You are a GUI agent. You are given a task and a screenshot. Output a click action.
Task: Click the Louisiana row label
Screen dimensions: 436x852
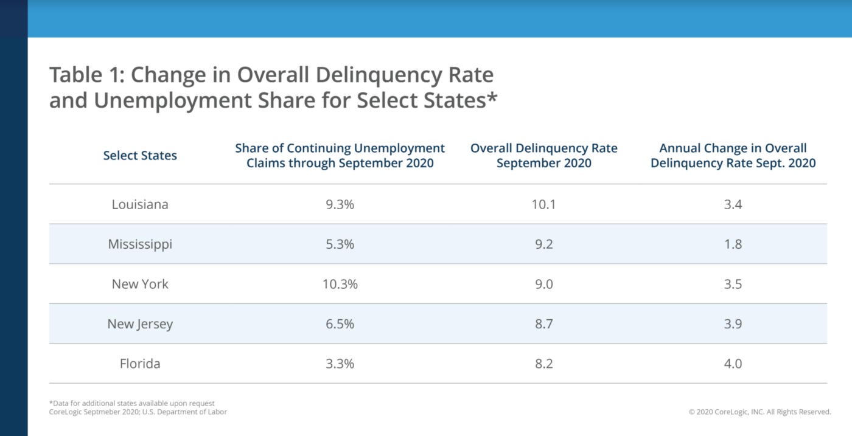tap(140, 204)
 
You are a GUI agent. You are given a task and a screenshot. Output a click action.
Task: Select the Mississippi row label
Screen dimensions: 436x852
tap(140, 244)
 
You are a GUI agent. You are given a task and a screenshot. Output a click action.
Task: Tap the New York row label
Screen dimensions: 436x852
tap(140, 284)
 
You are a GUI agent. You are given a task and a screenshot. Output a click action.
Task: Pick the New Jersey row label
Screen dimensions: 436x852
tap(140, 324)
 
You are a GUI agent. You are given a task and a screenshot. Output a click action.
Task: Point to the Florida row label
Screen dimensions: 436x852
tap(140, 364)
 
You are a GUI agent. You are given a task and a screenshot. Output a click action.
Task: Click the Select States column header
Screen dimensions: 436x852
tap(140, 156)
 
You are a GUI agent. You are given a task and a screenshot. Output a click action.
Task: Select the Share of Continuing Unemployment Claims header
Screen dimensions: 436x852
tap(340, 156)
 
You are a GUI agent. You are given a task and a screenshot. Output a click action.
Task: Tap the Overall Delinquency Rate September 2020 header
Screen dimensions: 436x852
tap(544, 156)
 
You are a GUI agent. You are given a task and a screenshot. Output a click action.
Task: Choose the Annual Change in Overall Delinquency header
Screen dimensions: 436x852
tap(733, 156)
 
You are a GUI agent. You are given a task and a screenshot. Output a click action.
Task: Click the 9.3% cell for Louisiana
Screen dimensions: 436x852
tap(340, 204)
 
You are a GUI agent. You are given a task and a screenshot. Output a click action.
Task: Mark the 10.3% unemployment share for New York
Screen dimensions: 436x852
tap(340, 284)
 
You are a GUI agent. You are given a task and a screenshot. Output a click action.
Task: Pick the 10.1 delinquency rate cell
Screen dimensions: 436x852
tap(544, 204)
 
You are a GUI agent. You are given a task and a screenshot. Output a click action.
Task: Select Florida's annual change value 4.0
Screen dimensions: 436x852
tap(733, 364)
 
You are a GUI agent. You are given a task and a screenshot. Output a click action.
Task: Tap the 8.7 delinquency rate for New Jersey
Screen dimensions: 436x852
tap(544, 324)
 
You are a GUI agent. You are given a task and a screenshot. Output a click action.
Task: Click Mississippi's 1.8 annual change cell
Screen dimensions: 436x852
tap(733, 244)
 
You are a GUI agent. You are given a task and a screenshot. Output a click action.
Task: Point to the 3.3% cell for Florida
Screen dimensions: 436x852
tap(340, 364)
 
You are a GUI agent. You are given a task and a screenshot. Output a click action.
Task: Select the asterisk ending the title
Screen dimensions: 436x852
tap(491, 97)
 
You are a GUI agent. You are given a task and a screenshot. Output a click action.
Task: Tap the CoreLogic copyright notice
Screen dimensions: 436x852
tap(759, 412)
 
